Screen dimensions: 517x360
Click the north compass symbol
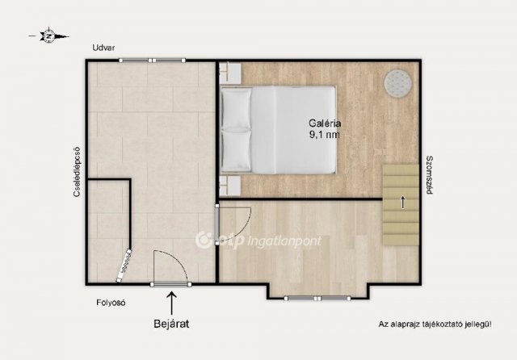48,36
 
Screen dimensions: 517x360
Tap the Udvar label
103,48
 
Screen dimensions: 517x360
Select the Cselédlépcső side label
77,172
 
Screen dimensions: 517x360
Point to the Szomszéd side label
429,175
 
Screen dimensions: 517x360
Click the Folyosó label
111,303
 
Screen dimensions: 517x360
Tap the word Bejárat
171,324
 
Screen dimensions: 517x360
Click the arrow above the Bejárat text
171,303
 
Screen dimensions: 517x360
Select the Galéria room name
325,123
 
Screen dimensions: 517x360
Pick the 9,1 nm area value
325,135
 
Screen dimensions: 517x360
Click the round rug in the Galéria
397,83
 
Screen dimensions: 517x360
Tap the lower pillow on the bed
237,150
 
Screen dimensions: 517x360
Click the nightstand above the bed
230,73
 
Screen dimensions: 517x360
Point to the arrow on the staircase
402,203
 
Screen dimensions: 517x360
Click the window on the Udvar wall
152,61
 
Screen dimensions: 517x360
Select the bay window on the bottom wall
317,299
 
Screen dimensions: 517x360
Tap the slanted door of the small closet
124,266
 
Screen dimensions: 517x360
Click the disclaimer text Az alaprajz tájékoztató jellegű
435,324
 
